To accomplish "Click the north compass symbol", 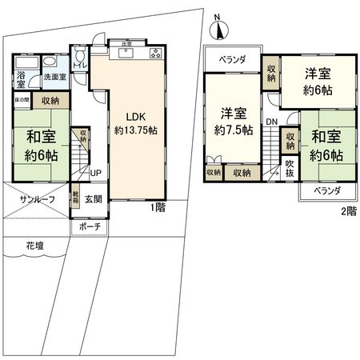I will coord(216,30).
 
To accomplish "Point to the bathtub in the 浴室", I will coord(26,63).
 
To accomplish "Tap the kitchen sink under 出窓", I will coord(127,54).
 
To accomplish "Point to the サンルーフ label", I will coord(38,199).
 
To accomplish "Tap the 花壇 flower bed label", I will coord(34,245).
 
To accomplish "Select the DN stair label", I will coord(272,122).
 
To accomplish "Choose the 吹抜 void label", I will coord(290,170).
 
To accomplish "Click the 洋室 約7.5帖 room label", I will coord(232,122).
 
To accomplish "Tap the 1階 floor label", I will coord(158,207).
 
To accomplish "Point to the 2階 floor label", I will coord(348,211).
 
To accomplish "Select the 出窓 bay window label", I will coord(127,43).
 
